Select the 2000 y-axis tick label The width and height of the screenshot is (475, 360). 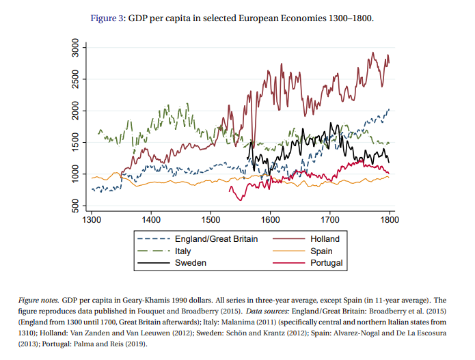click(x=75, y=111)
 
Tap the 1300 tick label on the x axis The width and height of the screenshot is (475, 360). click(x=92, y=221)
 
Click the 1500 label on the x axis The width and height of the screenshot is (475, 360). click(x=211, y=221)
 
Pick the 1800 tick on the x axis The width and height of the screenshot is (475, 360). click(x=390, y=221)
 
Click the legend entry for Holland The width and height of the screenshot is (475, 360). click(x=325, y=239)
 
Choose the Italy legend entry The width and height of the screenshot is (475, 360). click(x=184, y=251)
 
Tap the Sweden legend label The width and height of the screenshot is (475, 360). click(x=190, y=262)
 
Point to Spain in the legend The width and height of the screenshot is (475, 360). click(x=322, y=251)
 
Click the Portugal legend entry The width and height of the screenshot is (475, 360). click(x=327, y=262)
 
